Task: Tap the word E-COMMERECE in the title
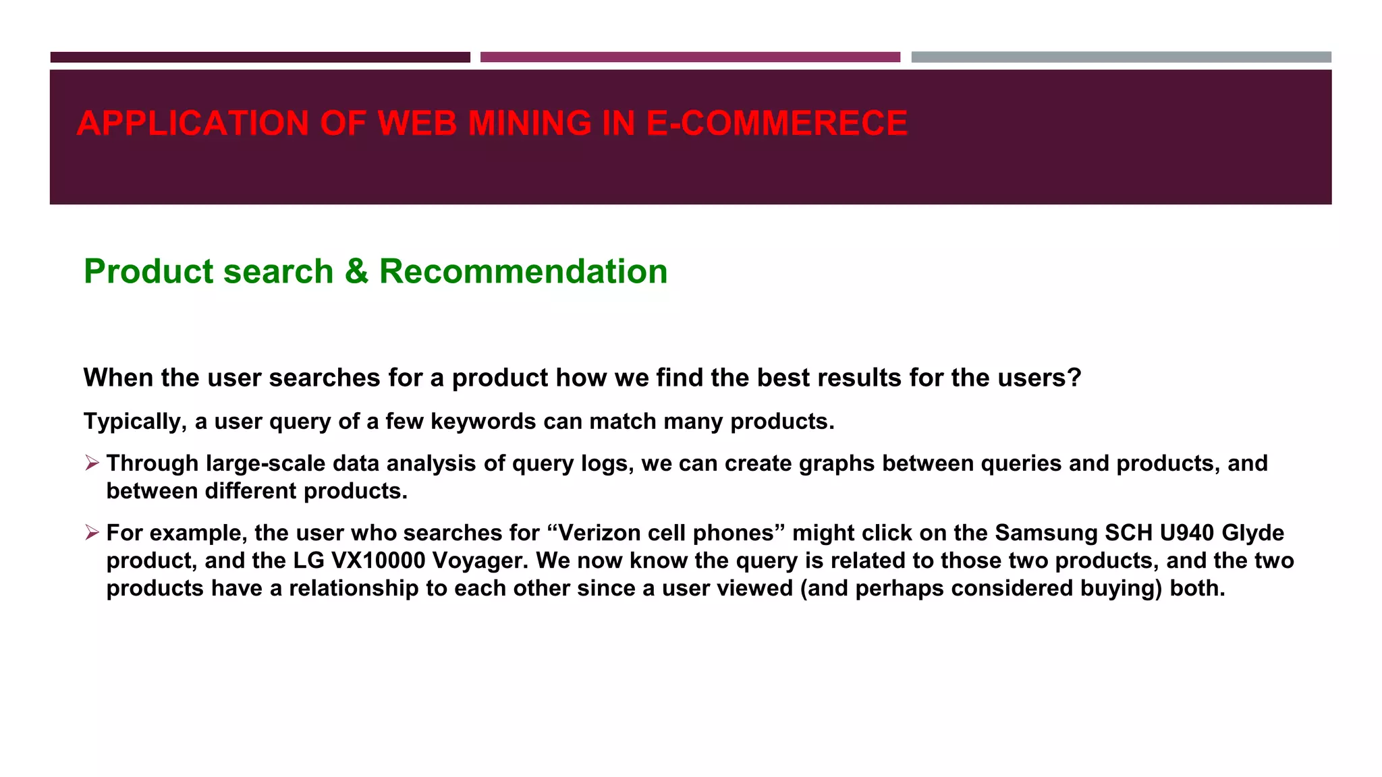click(777, 123)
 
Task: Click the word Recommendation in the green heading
click(523, 271)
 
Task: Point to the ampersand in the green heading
click(356, 271)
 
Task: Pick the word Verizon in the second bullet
click(599, 533)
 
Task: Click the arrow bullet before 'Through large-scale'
click(92, 463)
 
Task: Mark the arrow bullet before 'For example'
click(92, 533)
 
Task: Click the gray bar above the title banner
click(1121, 57)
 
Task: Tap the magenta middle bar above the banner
click(690, 57)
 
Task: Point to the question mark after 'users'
click(1074, 378)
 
